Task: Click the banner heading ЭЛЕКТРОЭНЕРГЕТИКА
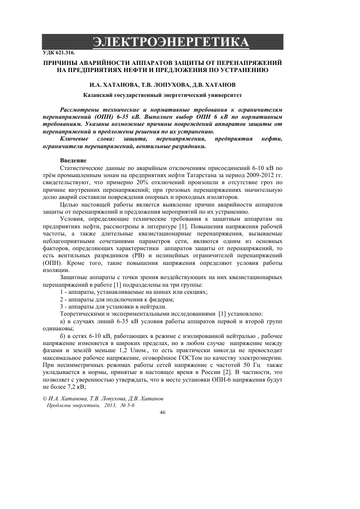[x=179, y=41]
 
